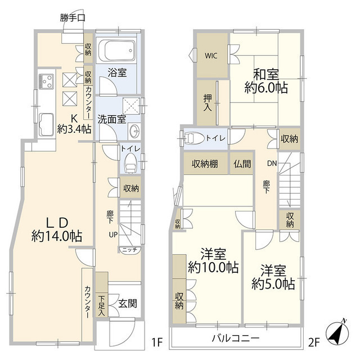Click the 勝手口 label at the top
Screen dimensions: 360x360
(73, 17)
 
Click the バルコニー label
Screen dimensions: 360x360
(235, 339)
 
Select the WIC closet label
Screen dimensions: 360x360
(211, 56)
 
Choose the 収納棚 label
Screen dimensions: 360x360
(205, 164)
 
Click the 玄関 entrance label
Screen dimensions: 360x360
(125, 303)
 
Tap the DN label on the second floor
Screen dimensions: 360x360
(271, 164)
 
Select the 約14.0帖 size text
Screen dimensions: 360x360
(56, 237)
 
